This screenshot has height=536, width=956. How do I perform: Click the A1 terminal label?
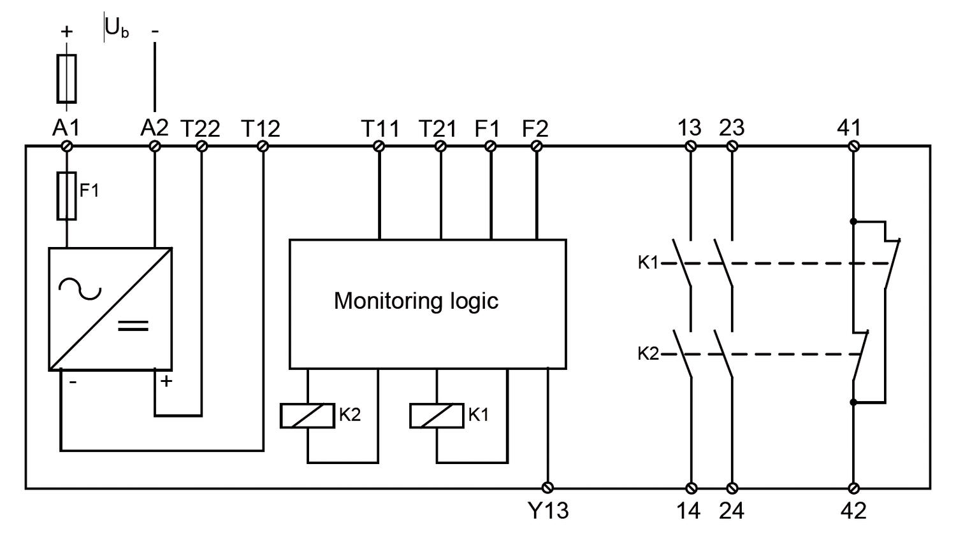tap(66, 128)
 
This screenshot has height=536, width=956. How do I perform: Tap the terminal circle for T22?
tap(201, 146)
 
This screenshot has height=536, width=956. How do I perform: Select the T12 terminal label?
tap(261, 129)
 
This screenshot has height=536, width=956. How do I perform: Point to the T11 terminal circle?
tap(379, 146)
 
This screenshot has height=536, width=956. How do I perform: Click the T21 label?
tap(438, 129)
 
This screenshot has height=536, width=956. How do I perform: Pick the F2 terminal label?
tap(535, 129)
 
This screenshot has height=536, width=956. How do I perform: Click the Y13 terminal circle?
tap(547, 488)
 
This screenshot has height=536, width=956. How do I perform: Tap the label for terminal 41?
tap(849, 128)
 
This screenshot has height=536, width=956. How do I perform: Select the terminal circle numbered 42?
tap(854, 488)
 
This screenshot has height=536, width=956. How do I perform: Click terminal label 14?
tap(689, 511)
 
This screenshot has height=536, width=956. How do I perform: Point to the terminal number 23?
tap(732, 128)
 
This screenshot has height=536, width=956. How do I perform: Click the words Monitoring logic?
tap(416, 300)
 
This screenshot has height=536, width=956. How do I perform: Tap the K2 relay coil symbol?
tap(307, 416)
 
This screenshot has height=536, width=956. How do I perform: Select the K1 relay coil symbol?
tap(437, 416)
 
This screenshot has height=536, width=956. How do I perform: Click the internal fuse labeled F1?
tap(67, 195)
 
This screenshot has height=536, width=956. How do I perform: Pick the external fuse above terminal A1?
tap(66, 78)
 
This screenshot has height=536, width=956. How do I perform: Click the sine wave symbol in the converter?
tap(80, 290)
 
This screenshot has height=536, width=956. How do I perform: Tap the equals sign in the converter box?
tap(133, 326)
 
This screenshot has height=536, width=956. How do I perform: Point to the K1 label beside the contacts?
tap(648, 262)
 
